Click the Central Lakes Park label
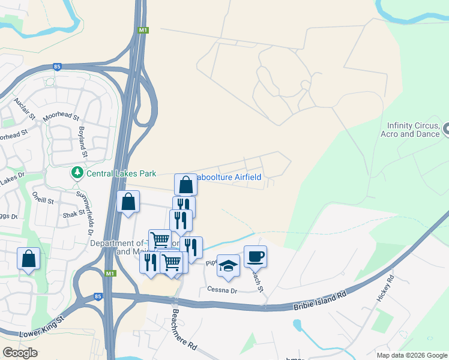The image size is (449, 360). tap(121, 174)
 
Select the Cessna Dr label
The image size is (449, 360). tap(223, 290)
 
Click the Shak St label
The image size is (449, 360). tap(74, 213)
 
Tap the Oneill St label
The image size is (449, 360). tap(43, 201)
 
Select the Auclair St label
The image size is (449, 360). tap(25, 107)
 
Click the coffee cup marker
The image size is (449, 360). tap(255, 256)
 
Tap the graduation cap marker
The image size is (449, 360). tap(228, 266)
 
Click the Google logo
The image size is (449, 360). tap(20, 353)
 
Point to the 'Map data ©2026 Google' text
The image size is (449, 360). tap(411, 355)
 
